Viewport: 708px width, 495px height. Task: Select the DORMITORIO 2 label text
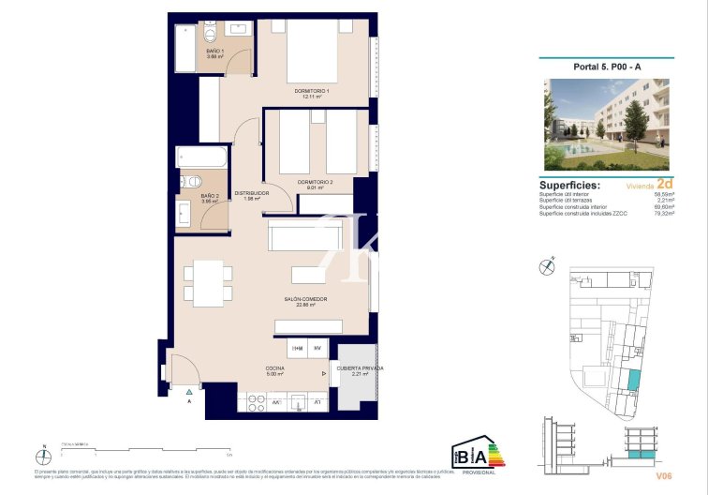pyautogui.click(x=315, y=182)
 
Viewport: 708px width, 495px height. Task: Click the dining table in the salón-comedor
pyautogui.click(x=209, y=283)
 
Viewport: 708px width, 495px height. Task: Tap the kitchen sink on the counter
pyautogui.click(x=298, y=402)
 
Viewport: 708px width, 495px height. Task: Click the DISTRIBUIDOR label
pyautogui.click(x=251, y=193)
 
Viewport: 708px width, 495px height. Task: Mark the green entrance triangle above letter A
pyautogui.click(x=188, y=390)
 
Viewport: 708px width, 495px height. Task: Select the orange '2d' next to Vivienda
pyautogui.click(x=665, y=184)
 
